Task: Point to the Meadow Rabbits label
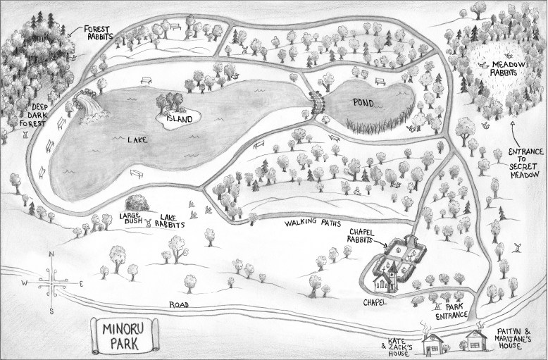pos(502,68)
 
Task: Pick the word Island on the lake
pos(179,119)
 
